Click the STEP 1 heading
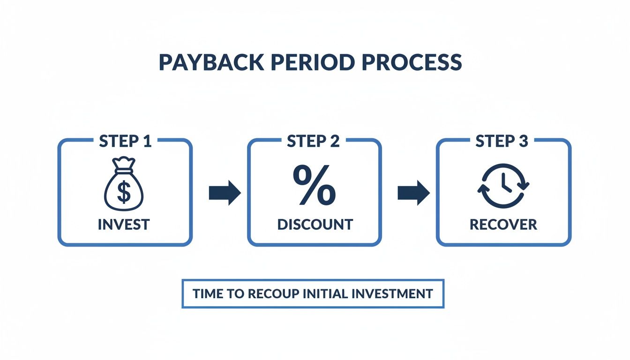125,141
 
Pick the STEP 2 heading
314,141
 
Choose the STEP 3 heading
502,141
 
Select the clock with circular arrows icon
503,186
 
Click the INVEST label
124,225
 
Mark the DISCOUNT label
315,225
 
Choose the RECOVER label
503,225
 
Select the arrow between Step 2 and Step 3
413,193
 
